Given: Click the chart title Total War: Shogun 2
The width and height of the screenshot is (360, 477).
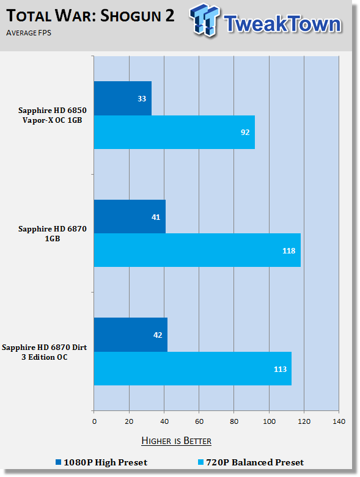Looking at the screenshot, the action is tap(90, 15).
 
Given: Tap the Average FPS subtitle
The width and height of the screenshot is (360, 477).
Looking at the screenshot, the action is tap(29, 33).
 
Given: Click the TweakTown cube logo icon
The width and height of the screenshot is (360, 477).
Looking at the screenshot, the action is tap(204, 20).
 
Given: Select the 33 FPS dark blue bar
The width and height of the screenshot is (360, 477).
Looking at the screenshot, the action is tap(123, 98).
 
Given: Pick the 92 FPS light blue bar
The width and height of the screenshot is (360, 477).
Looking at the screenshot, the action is tap(174, 132).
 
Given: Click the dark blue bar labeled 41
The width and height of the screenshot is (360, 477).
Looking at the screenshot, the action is tap(130, 217).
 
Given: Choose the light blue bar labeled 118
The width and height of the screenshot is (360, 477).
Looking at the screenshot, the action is tap(197, 250).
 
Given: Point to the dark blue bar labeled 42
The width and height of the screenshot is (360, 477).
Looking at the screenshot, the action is tap(131, 335).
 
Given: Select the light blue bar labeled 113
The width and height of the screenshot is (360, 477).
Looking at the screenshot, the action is tap(193, 368).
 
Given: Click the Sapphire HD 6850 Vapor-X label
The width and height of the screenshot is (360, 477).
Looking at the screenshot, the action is tap(53, 115).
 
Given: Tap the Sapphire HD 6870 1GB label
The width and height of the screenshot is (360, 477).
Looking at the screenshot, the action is tap(53, 233).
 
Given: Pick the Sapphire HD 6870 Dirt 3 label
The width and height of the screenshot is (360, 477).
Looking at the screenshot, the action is tap(45, 352).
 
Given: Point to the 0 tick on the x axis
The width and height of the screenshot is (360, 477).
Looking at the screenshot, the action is tap(94, 421).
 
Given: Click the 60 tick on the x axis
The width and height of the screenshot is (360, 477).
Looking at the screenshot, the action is tap(199, 421).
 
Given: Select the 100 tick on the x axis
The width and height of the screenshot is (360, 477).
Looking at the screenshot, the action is tap(269, 421).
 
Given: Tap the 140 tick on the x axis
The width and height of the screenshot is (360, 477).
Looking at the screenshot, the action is tap(339, 421).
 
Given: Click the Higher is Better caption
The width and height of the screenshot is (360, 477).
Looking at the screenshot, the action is tap(177, 441).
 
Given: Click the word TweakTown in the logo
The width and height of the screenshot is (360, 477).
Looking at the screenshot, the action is tap(283, 24).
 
